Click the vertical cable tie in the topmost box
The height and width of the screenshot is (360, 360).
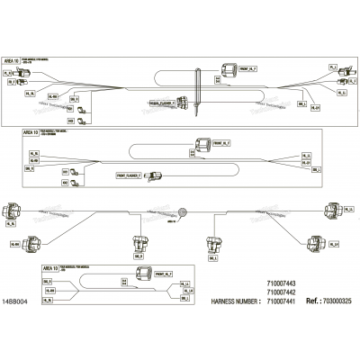195,99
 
